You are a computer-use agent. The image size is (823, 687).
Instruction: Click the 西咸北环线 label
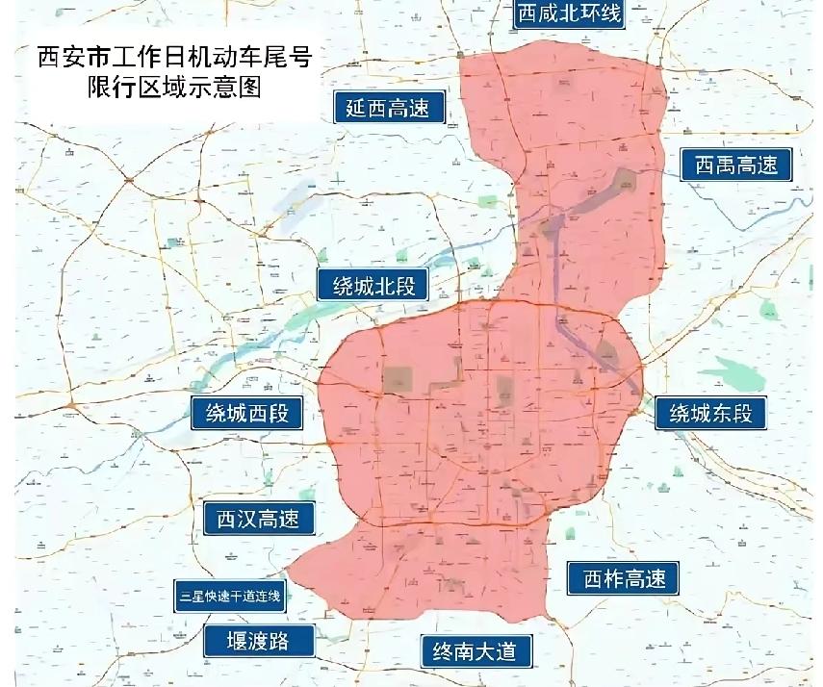click(568, 13)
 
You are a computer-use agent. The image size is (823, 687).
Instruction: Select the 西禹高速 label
click(735, 165)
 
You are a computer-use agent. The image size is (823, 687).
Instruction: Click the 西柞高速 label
click(624, 578)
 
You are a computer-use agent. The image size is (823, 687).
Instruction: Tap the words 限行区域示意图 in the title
click(173, 89)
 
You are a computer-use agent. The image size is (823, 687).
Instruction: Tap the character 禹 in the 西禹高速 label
click(723, 165)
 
